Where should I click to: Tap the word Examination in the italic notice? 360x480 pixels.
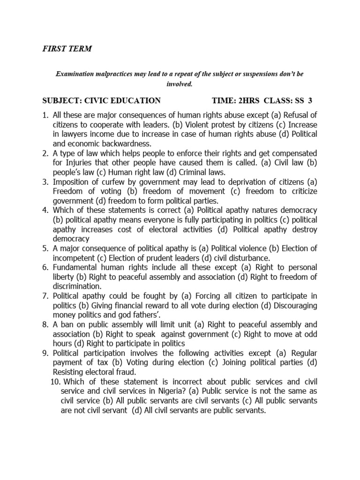pyautogui.click(x=75, y=74)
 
